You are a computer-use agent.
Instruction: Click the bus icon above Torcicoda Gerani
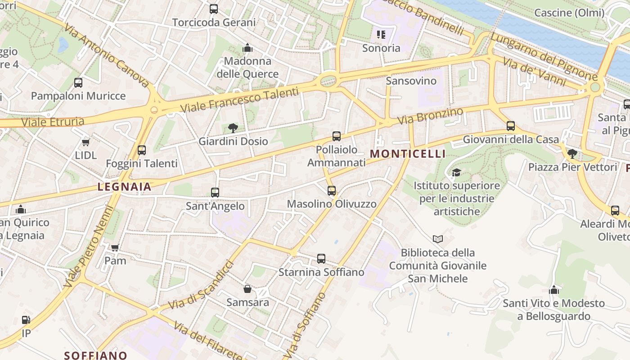click(x=214, y=9)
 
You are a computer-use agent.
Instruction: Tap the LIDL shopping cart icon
click(x=85, y=142)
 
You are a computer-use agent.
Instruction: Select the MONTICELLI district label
click(x=408, y=154)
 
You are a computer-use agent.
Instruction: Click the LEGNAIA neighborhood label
click(x=124, y=187)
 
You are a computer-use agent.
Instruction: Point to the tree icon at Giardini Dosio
click(x=233, y=128)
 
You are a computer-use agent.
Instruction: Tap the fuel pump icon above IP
click(x=26, y=320)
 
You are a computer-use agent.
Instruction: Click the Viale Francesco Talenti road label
click(x=239, y=100)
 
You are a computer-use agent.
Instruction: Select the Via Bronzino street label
click(x=430, y=116)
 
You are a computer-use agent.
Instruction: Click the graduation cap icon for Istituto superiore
click(x=456, y=172)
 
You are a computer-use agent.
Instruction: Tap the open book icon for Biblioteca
click(x=437, y=239)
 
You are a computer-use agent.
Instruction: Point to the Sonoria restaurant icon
click(x=381, y=34)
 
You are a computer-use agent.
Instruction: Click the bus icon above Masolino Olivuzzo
click(x=332, y=191)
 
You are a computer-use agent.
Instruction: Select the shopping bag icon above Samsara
click(x=247, y=288)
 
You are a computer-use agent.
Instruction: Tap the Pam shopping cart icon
click(x=115, y=247)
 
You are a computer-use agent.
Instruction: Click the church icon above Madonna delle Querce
click(x=247, y=48)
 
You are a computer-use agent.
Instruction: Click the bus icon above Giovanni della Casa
click(x=510, y=126)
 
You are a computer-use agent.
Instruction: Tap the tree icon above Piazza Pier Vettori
click(x=572, y=154)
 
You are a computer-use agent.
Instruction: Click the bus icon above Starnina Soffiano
click(x=321, y=259)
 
